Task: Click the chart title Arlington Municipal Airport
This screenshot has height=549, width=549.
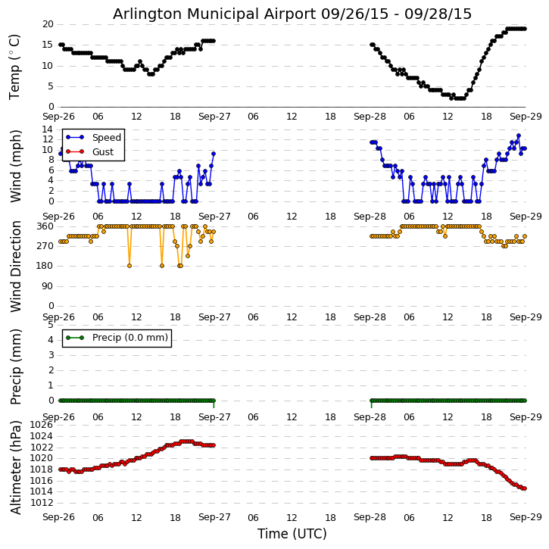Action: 292,14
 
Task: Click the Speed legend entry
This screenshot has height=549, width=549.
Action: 106,138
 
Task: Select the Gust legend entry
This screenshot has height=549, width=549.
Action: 102,152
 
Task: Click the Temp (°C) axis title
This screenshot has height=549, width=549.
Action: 15,66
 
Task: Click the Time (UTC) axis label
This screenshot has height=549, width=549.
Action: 292,534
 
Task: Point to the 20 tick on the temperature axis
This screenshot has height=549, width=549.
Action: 47,24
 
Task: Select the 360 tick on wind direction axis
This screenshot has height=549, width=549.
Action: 44,226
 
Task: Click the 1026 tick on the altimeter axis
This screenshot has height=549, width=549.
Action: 42,425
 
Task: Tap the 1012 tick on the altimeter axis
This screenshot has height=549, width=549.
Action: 42,502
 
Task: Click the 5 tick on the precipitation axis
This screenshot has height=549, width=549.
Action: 50,324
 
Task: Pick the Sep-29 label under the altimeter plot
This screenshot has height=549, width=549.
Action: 526,517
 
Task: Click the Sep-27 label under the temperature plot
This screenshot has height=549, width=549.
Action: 215,117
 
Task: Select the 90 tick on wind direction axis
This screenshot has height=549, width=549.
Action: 47,285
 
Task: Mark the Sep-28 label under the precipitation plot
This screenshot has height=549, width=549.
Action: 370,417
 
